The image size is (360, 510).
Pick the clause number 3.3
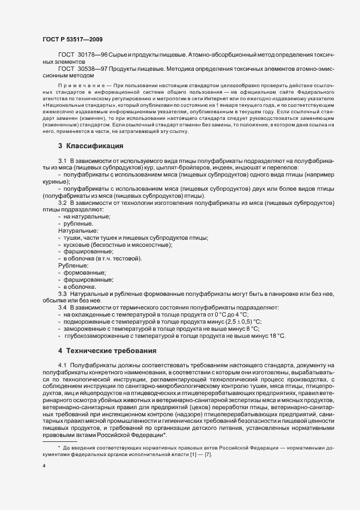[x=62, y=294]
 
